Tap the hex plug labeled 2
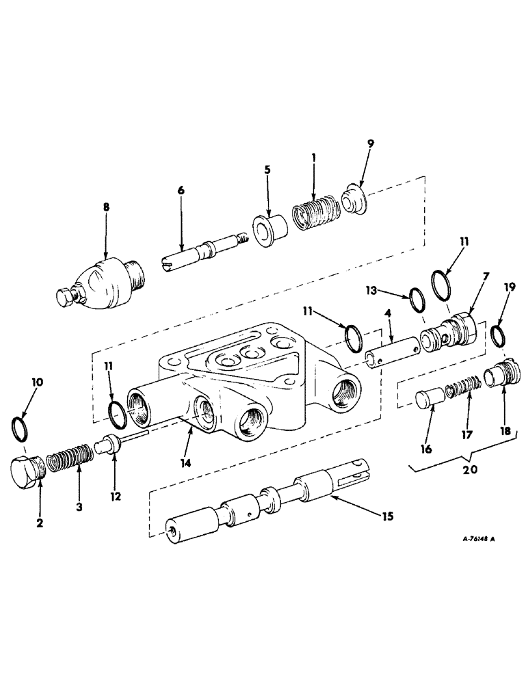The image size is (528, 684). (27, 471)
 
